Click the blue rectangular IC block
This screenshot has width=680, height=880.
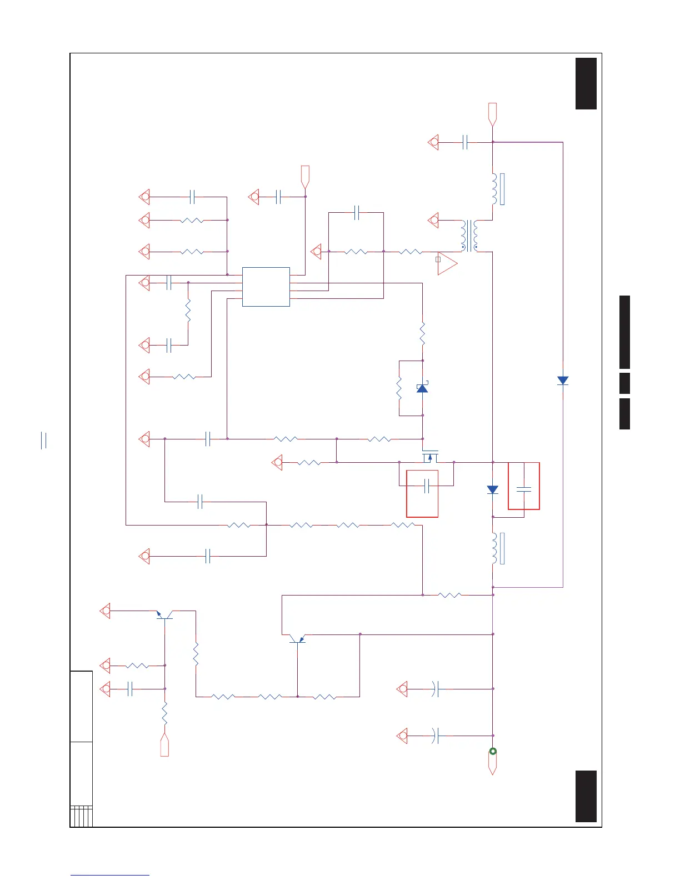[266, 287]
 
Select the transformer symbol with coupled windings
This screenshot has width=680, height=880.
[469, 236]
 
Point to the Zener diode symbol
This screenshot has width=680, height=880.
[422, 388]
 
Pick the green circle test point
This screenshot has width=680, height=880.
[492, 751]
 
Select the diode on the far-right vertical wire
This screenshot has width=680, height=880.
[563, 381]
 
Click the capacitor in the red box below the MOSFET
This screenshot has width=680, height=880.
[427, 486]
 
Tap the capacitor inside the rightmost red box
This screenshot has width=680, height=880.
[523, 489]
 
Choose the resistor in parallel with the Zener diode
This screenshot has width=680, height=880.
[399, 388]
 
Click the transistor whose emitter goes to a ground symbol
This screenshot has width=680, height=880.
[164, 615]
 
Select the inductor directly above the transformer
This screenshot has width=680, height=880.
[494, 189]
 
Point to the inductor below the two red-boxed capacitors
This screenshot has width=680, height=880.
[494, 548]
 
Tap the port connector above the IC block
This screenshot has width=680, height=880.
[305, 176]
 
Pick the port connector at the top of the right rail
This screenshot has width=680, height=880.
[492, 113]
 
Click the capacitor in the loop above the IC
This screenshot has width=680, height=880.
[357, 212]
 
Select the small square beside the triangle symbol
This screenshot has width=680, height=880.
[438, 259]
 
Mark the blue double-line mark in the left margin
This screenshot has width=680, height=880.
[44, 441]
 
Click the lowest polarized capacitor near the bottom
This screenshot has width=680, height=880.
[436, 736]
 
